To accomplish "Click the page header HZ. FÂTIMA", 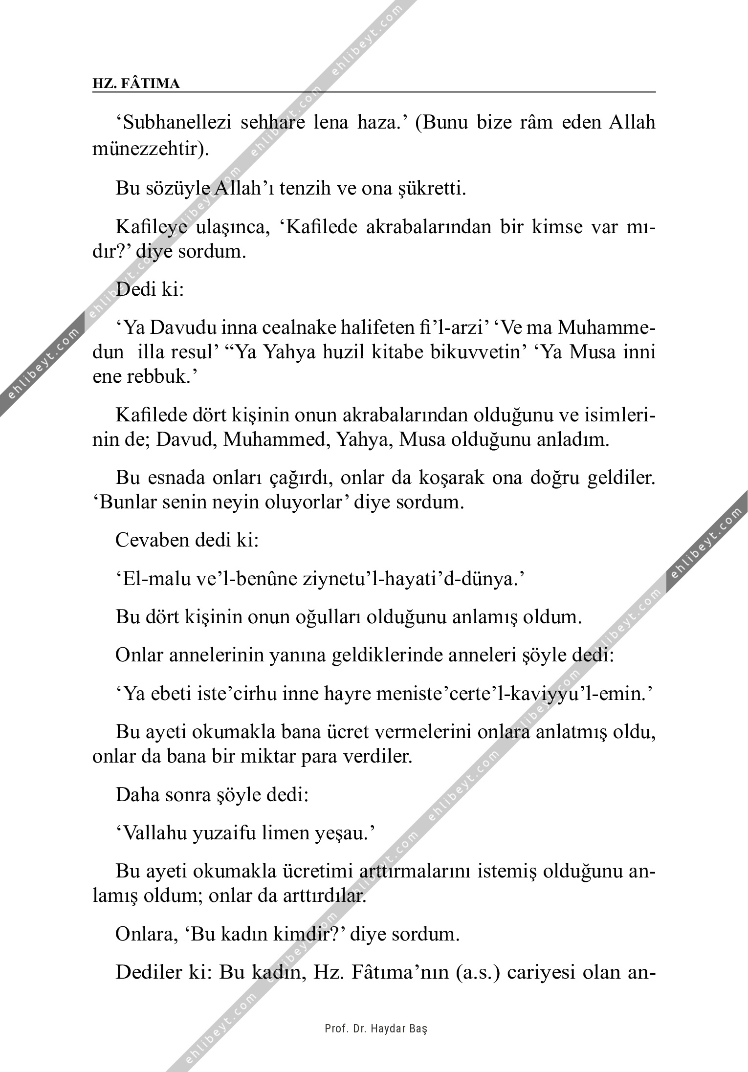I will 136,84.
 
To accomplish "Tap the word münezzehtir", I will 147,149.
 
